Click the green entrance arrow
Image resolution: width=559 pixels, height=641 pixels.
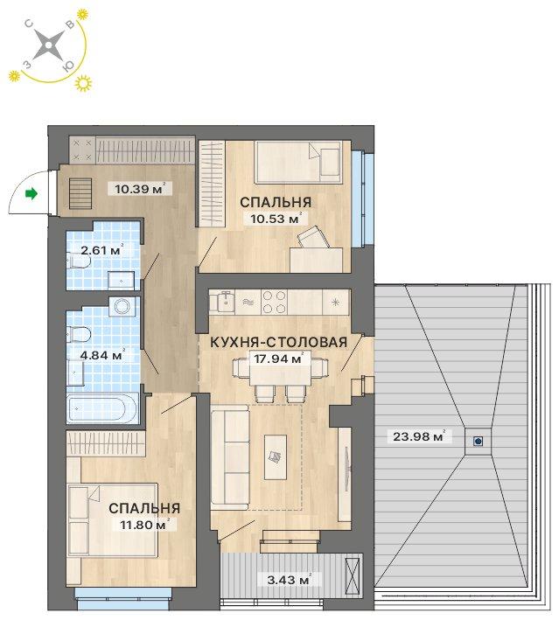tap(31, 194)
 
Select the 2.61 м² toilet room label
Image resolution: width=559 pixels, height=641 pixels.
tap(101, 249)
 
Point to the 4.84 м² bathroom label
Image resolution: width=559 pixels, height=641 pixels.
tap(102, 354)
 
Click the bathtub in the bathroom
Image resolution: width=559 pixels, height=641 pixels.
tap(102, 408)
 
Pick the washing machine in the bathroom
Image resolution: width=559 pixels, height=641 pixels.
tap(122, 306)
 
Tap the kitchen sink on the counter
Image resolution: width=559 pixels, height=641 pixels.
tap(221, 302)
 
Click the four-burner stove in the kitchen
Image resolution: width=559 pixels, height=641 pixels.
tap(274, 302)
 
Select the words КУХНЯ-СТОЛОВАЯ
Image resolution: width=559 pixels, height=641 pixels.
tap(278, 342)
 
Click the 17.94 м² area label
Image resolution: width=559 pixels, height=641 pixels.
tap(278, 359)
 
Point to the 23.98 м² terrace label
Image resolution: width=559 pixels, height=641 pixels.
tap(419, 436)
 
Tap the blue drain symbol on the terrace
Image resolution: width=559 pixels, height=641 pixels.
tap(478, 442)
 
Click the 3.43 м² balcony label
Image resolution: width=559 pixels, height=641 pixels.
tap(289, 579)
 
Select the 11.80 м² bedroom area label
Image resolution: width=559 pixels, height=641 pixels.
tap(144, 524)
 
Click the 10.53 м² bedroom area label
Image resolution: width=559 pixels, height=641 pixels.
tap(276, 219)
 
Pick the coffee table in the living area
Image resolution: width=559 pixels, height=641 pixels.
tap(276, 457)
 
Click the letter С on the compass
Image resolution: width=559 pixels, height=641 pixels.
tap(29, 24)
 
